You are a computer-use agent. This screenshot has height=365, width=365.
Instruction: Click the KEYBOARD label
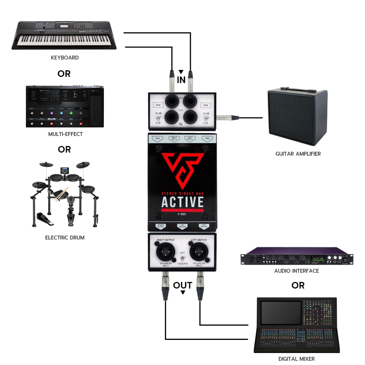coord(65,58)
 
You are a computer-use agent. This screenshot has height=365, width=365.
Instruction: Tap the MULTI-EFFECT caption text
coord(65,134)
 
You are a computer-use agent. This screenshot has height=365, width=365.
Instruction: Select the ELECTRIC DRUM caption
coord(65,238)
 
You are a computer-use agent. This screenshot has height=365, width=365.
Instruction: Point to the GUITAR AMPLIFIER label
coord(298,154)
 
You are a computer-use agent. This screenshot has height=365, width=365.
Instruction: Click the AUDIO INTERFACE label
coord(297,271)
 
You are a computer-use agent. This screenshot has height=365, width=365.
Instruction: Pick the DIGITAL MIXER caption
coord(297,359)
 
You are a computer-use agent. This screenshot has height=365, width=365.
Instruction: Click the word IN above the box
coord(181,80)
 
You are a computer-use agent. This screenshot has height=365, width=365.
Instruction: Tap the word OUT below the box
coord(182,285)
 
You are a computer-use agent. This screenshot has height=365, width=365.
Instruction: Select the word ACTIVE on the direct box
coord(182,202)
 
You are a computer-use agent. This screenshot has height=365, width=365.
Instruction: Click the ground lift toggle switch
coord(182,258)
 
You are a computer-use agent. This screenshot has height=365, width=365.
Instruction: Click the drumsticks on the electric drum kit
coord(61,194)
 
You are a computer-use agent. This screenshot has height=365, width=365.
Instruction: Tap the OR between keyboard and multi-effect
coord(64,74)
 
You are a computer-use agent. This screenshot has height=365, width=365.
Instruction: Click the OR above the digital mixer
coord(298,285)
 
